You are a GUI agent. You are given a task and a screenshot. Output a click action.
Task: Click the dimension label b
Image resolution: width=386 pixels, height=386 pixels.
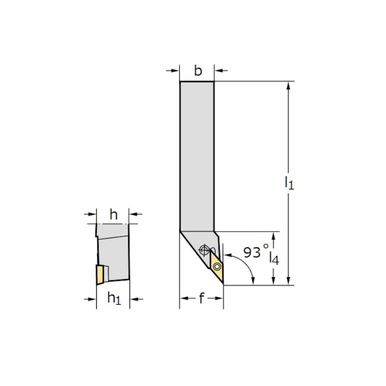pos(197,71)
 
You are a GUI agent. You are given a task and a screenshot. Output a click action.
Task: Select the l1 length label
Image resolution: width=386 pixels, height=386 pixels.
pos(289,182)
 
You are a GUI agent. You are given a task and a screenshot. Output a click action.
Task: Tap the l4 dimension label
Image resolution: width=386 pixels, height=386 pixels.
pos(274,257)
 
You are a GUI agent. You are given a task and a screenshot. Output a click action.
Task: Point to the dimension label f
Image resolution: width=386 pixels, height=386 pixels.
pos(201,299)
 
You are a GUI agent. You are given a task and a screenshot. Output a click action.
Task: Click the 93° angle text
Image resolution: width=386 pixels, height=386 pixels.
pos(255,252)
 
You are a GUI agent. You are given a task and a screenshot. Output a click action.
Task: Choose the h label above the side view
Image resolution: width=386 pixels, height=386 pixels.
pos(113,213)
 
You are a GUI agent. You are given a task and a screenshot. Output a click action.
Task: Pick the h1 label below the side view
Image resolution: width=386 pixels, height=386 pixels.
pos(113,299)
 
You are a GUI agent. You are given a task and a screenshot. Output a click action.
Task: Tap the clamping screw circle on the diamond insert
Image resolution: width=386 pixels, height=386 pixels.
pos(217,267)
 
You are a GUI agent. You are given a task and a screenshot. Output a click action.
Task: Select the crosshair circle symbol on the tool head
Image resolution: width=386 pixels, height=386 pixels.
pos(205,249)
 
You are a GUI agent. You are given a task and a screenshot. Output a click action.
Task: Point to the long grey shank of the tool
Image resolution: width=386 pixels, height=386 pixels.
pos(197,154)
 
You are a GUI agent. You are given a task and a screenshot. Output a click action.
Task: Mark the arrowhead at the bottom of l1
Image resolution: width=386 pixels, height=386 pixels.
pos(289,281)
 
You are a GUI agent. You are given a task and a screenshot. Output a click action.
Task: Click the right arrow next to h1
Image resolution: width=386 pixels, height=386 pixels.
pos(135,299)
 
